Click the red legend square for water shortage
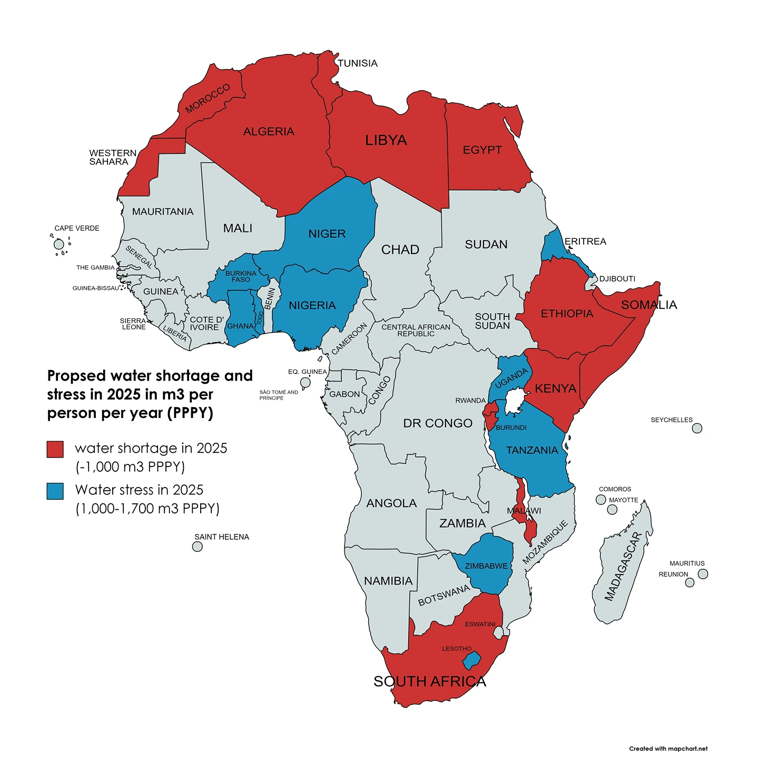pos(55,449)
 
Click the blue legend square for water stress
pos(55,491)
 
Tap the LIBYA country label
pos(386,140)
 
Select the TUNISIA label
pos(357,63)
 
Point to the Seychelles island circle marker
pos(696,428)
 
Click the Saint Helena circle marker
pos(197,547)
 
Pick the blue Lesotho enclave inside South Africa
pos(472,659)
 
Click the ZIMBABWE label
pos(486,566)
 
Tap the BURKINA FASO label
pos(241,276)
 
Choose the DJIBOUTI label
pos(617,279)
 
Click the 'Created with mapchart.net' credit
pos(668,749)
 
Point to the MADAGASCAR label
pos(623,567)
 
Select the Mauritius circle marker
pos(702,574)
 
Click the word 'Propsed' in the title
pos(76,376)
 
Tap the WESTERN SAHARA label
pos(112,157)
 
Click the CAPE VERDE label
pos(76,228)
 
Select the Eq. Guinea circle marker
pos(305,382)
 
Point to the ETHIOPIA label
pos(567,314)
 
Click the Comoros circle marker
pos(601,499)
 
